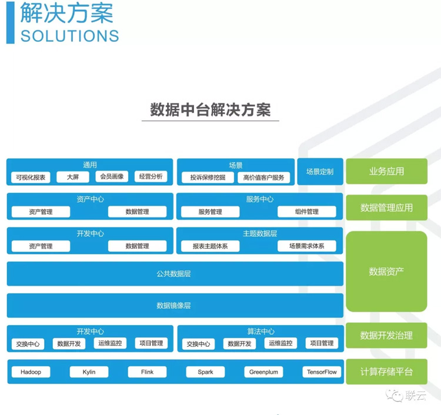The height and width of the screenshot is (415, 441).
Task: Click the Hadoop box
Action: [x=31, y=372]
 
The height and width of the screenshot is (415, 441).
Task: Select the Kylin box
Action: [x=89, y=372]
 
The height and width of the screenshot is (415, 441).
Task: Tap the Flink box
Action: [x=147, y=372]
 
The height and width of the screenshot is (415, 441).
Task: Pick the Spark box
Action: [x=205, y=372]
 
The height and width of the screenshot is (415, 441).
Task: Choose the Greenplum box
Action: [x=263, y=372]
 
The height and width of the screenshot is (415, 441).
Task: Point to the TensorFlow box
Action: [x=322, y=372]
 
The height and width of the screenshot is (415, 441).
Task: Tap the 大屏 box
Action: [x=73, y=176]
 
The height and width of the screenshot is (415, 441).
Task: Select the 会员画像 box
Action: [x=112, y=176]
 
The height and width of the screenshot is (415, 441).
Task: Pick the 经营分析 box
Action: [x=151, y=176]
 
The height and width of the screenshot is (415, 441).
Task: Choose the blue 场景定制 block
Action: [x=320, y=172]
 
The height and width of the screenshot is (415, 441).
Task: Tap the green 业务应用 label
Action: [x=386, y=172]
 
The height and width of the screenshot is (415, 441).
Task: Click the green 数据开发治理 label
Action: [x=386, y=336]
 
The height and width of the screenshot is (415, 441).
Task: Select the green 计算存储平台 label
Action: [x=386, y=372]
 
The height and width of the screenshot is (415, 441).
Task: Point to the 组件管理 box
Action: [x=306, y=212]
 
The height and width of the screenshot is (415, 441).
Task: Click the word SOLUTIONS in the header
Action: [x=69, y=35]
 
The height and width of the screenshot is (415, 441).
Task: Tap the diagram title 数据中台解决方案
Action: [x=210, y=111]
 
